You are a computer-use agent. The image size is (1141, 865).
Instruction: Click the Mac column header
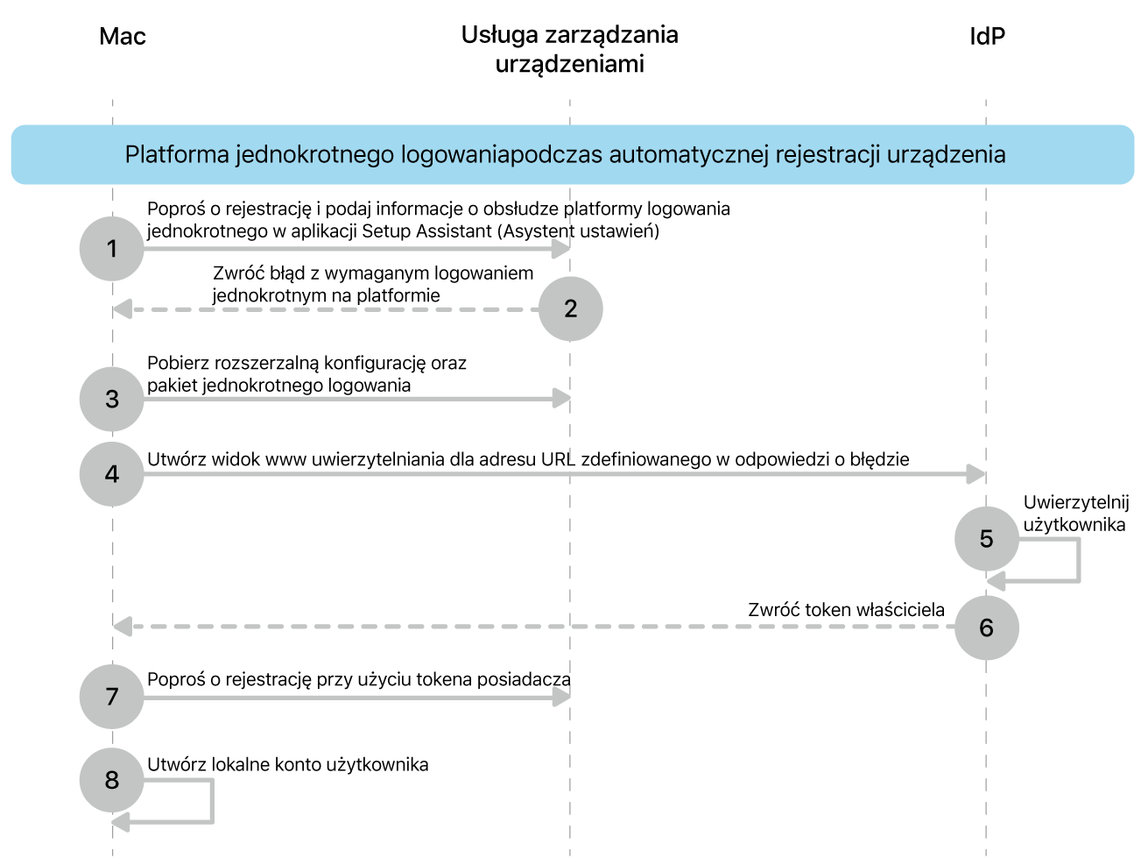coord(123,36)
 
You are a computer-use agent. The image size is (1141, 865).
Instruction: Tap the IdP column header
coord(987,36)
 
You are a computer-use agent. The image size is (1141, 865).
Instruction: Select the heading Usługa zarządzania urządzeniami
coord(570,49)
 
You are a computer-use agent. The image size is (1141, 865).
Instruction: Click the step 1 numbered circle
coord(112,249)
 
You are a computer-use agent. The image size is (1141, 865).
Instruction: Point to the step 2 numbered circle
coord(571,308)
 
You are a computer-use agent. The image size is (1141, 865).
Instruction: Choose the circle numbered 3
coord(112,399)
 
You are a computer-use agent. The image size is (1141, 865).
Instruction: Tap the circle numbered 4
coord(112,474)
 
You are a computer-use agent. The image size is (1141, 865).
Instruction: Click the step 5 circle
coord(987,539)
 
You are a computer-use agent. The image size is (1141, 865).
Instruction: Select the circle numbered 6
coord(987,627)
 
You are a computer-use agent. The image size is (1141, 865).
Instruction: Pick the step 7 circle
coord(112,697)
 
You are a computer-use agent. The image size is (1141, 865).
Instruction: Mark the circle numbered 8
coord(112,780)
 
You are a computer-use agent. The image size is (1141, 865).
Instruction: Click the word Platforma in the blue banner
coord(177,155)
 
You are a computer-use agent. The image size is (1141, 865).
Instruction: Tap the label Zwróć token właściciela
coord(846,610)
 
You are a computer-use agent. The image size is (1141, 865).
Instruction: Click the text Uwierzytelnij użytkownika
coord(1075,514)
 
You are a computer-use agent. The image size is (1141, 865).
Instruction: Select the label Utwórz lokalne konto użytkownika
coord(288,764)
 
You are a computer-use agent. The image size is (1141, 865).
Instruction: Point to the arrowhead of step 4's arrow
coord(976,474)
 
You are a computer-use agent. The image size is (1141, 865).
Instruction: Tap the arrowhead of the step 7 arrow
coord(561,697)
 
